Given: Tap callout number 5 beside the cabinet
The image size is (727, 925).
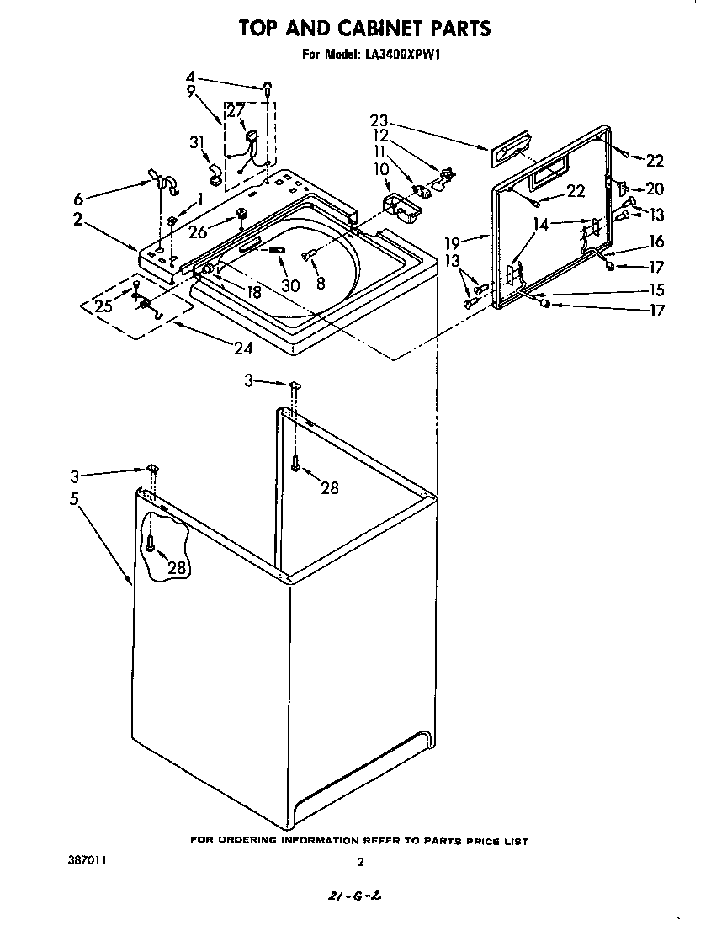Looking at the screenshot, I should (x=75, y=497).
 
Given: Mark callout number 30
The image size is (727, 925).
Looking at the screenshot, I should (x=290, y=285).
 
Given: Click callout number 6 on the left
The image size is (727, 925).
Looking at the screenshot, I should (x=78, y=199).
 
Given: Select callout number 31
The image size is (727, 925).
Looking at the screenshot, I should (x=198, y=143).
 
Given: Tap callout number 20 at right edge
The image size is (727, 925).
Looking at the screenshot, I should (x=654, y=189).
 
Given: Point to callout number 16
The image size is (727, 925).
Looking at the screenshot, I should (x=656, y=242).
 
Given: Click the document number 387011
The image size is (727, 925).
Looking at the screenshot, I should (x=88, y=861).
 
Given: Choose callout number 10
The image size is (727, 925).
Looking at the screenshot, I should (x=379, y=169).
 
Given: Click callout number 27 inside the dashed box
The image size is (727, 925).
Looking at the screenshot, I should (x=236, y=111).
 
